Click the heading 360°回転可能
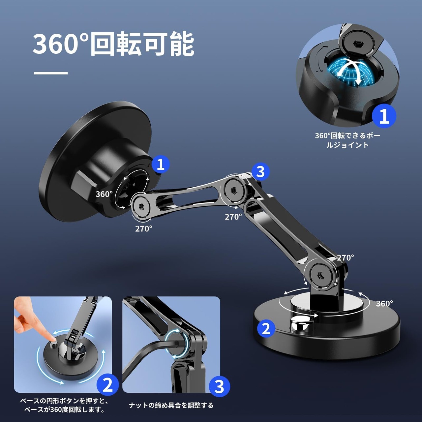tap(113, 44)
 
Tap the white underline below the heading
tap(51, 73)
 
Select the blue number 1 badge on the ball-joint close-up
tap(384, 116)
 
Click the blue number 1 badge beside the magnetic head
tap(161, 164)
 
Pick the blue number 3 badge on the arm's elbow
tap(260, 171)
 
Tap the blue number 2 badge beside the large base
tap(266, 328)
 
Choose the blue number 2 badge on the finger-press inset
tap(107, 385)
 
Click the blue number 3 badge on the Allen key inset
tap(220, 386)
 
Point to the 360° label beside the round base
tap(384, 304)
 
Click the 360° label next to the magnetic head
tap(104, 194)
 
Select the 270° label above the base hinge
tap(346, 258)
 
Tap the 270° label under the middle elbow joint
tap(233, 217)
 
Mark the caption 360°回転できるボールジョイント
tap(347, 140)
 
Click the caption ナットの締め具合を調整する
tap(171, 406)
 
